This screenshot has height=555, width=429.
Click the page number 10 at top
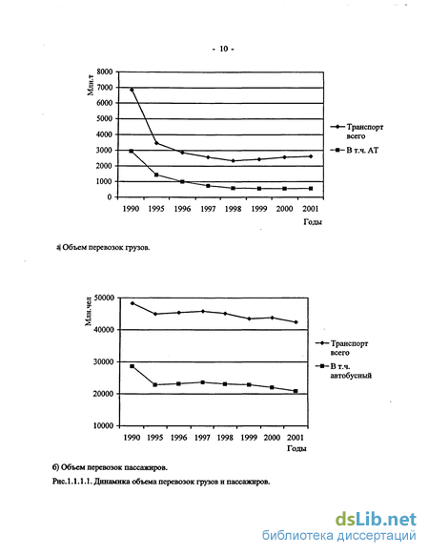[x=223, y=49]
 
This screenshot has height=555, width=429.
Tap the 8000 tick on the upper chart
[x=105, y=72]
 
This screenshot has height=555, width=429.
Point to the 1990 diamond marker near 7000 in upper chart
[x=132, y=90]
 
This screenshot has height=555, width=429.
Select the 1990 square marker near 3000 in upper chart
[x=132, y=151]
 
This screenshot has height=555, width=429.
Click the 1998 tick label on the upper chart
[x=233, y=209]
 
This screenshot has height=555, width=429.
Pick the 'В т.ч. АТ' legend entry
[x=355, y=151]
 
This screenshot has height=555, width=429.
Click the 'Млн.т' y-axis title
[x=91, y=87]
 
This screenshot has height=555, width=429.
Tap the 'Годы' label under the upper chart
[x=313, y=222]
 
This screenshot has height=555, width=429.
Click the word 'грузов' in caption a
[x=138, y=248]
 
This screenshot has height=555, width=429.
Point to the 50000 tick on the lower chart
[x=104, y=298]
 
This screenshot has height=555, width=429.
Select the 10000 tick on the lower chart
[x=104, y=426]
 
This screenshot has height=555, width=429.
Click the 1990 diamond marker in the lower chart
[x=132, y=303]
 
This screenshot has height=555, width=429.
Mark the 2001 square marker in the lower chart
[x=296, y=391]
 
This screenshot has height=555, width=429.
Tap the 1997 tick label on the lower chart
[x=202, y=438]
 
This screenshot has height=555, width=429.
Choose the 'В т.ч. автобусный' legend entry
[x=344, y=371]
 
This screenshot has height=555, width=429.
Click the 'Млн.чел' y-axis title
[x=89, y=312]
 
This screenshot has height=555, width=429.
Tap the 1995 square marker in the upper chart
[x=156, y=175]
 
